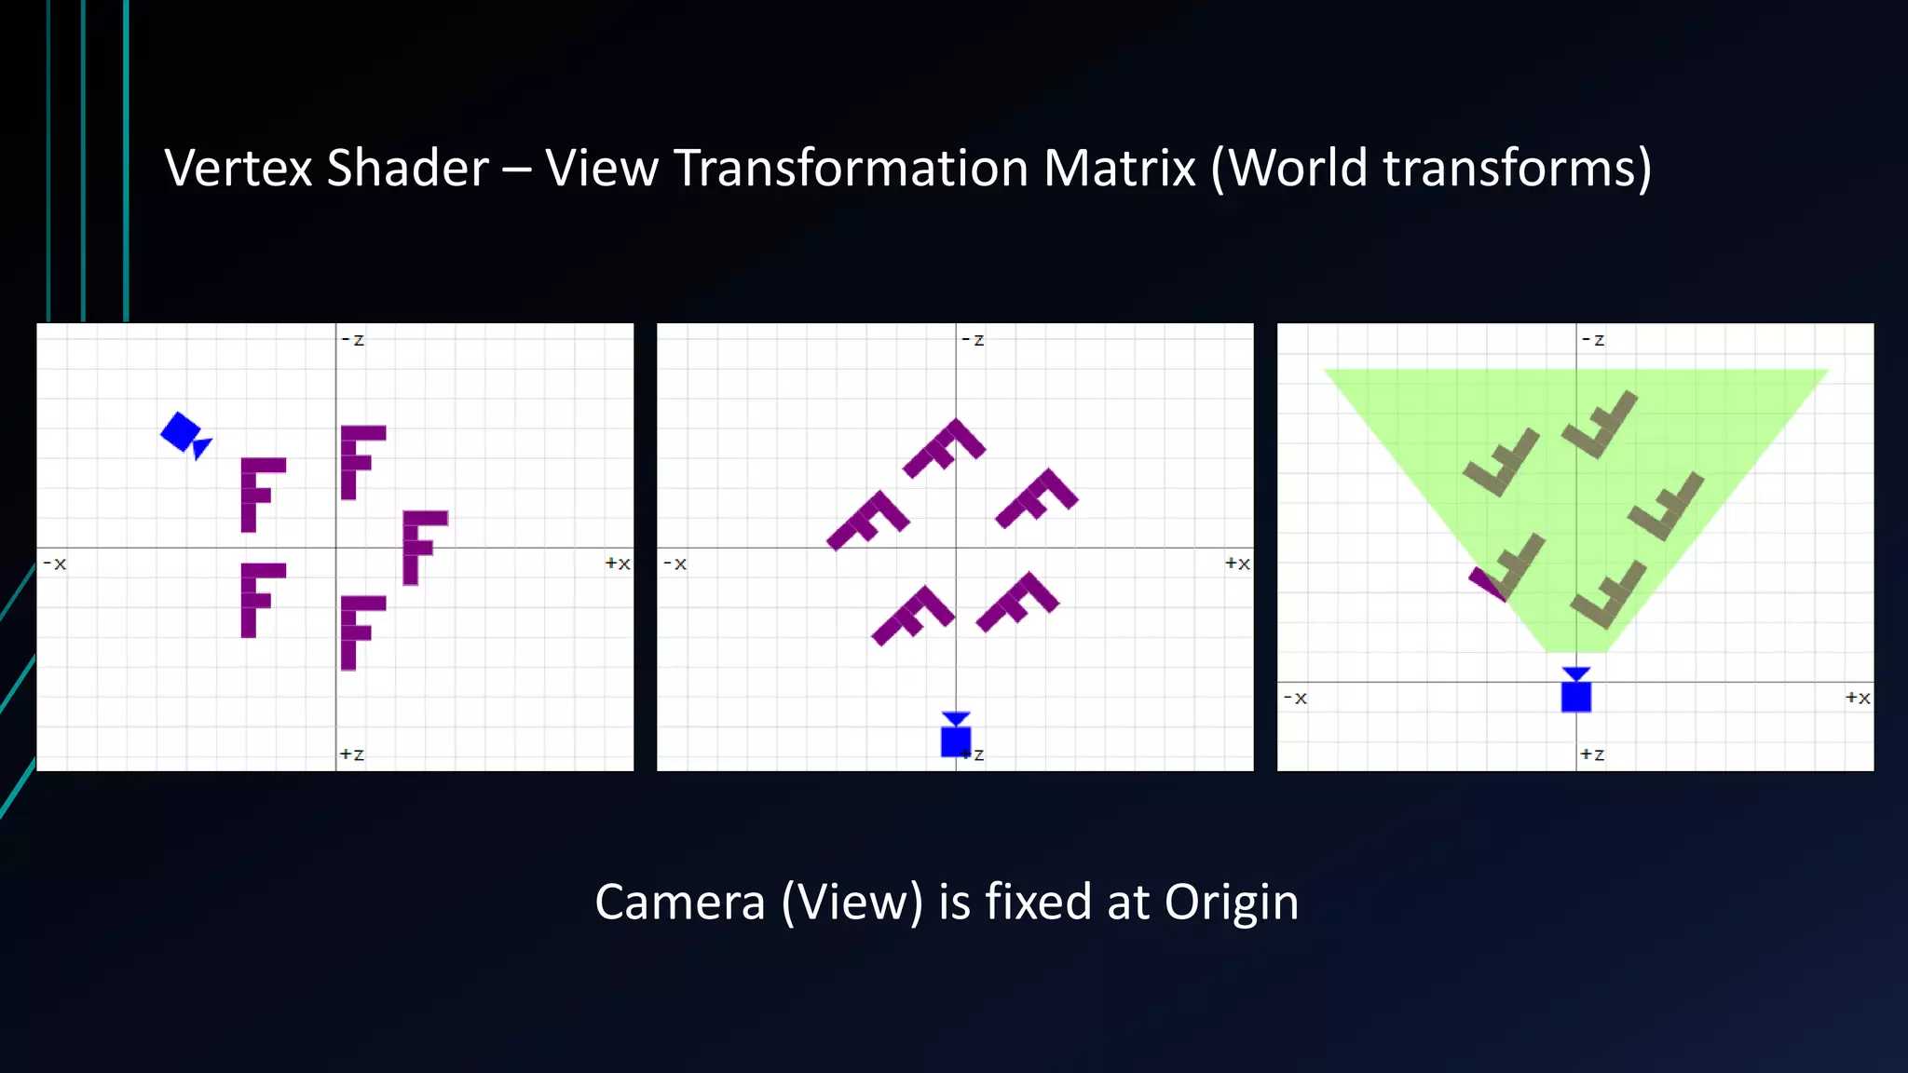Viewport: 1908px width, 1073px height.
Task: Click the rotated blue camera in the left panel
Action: (x=184, y=434)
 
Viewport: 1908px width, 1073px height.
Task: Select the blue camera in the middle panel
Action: (x=956, y=737)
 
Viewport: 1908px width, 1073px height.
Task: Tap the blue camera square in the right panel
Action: (x=1575, y=695)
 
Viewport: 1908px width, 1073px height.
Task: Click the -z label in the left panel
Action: (x=353, y=340)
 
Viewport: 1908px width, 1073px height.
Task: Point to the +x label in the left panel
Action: (x=617, y=564)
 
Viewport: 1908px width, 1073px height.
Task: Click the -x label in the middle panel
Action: (x=675, y=564)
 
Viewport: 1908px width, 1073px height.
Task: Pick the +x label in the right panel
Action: (x=1857, y=698)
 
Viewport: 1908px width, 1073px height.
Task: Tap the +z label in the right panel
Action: (x=1591, y=754)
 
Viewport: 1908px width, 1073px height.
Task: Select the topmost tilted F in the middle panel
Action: (x=944, y=448)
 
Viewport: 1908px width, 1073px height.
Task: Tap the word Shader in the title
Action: (x=407, y=169)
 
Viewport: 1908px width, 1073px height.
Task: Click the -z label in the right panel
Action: (x=1593, y=340)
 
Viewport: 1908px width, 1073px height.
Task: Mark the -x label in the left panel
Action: (x=55, y=564)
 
